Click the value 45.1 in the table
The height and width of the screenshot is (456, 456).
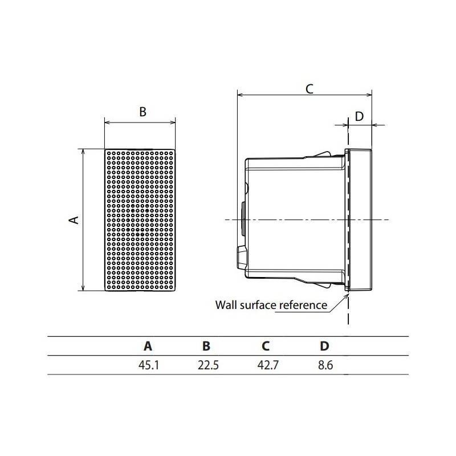point(149,365)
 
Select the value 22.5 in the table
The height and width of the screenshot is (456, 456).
point(208,365)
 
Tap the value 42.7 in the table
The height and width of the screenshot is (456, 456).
point(268,365)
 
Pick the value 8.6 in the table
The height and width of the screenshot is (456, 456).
point(325,365)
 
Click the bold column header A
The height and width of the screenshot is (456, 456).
point(148,346)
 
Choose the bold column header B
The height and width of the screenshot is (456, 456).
point(206,346)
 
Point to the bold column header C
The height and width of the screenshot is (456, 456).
point(266,346)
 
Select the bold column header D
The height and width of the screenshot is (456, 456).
point(324,346)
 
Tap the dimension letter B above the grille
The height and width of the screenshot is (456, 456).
point(142,112)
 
